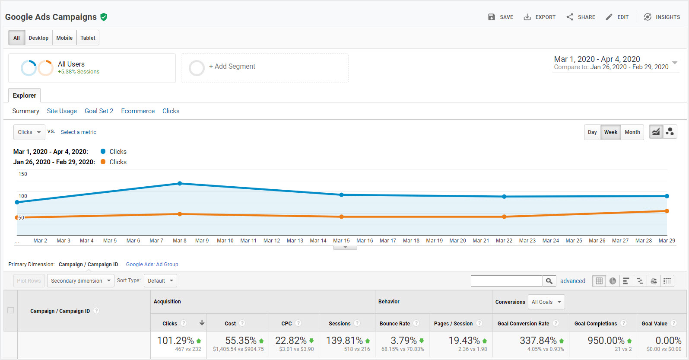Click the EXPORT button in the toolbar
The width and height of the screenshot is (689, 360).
pyautogui.click(x=540, y=17)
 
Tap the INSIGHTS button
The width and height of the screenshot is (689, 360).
pyautogui.click(x=662, y=17)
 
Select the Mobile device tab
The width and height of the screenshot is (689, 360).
pyautogui.click(x=64, y=38)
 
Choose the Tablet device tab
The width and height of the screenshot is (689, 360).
pyautogui.click(x=88, y=38)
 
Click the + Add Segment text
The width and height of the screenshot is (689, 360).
pyautogui.click(x=232, y=67)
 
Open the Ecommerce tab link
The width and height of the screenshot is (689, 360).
pyautogui.click(x=138, y=111)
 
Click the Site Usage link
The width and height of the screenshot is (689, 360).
pyautogui.click(x=62, y=111)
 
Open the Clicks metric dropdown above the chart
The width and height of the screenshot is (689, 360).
pyautogui.click(x=29, y=132)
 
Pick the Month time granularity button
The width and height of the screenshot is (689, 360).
pyautogui.click(x=632, y=132)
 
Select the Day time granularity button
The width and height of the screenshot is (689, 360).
pyautogui.click(x=592, y=132)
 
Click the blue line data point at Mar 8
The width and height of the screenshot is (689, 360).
pyautogui.click(x=180, y=183)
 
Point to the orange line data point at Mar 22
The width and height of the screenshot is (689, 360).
pyautogui.click(x=504, y=217)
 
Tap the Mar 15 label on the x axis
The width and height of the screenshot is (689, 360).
pyautogui.click(x=341, y=241)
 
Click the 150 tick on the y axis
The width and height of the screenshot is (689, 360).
pyautogui.click(x=23, y=174)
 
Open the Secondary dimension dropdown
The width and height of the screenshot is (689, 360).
pyautogui.click(x=81, y=280)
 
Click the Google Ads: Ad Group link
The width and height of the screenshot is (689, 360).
pyautogui.click(x=152, y=264)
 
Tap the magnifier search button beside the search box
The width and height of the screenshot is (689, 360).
pyautogui.click(x=549, y=280)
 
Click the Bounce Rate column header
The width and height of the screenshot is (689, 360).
pyautogui.click(x=395, y=324)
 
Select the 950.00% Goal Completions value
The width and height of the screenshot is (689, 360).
pyautogui.click(x=606, y=341)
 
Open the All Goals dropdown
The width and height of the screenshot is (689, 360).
pyautogui.click(x=546, y=302)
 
